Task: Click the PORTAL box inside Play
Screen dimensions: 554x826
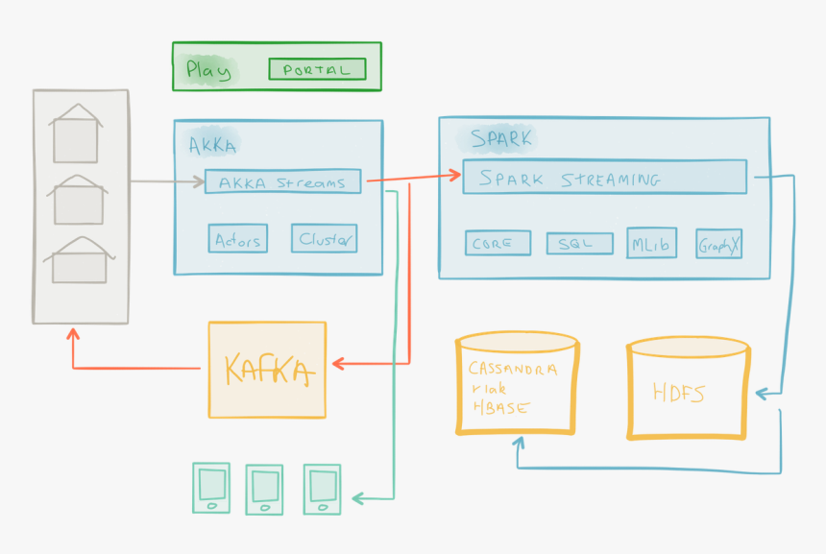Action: pos(317,69)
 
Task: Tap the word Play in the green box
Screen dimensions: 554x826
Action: pos(208,69)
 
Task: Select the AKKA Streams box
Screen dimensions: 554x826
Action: pos(282,181)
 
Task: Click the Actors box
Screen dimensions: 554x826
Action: pos(238,239)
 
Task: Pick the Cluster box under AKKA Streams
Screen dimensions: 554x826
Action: pos(326,239)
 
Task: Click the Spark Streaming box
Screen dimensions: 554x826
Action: pos(604,178)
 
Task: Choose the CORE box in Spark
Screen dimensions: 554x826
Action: pos(498,244)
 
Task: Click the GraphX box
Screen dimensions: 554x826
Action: pos(719,244)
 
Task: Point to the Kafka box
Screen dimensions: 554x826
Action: pos(267,370)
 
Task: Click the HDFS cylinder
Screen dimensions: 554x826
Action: pos(688,392)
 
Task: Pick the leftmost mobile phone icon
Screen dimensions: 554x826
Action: pos(210,489)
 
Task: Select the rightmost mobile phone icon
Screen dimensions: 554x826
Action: pos(322,489)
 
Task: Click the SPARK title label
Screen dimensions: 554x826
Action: pos(500,138)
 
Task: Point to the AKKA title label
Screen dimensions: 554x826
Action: pos(212,145)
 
